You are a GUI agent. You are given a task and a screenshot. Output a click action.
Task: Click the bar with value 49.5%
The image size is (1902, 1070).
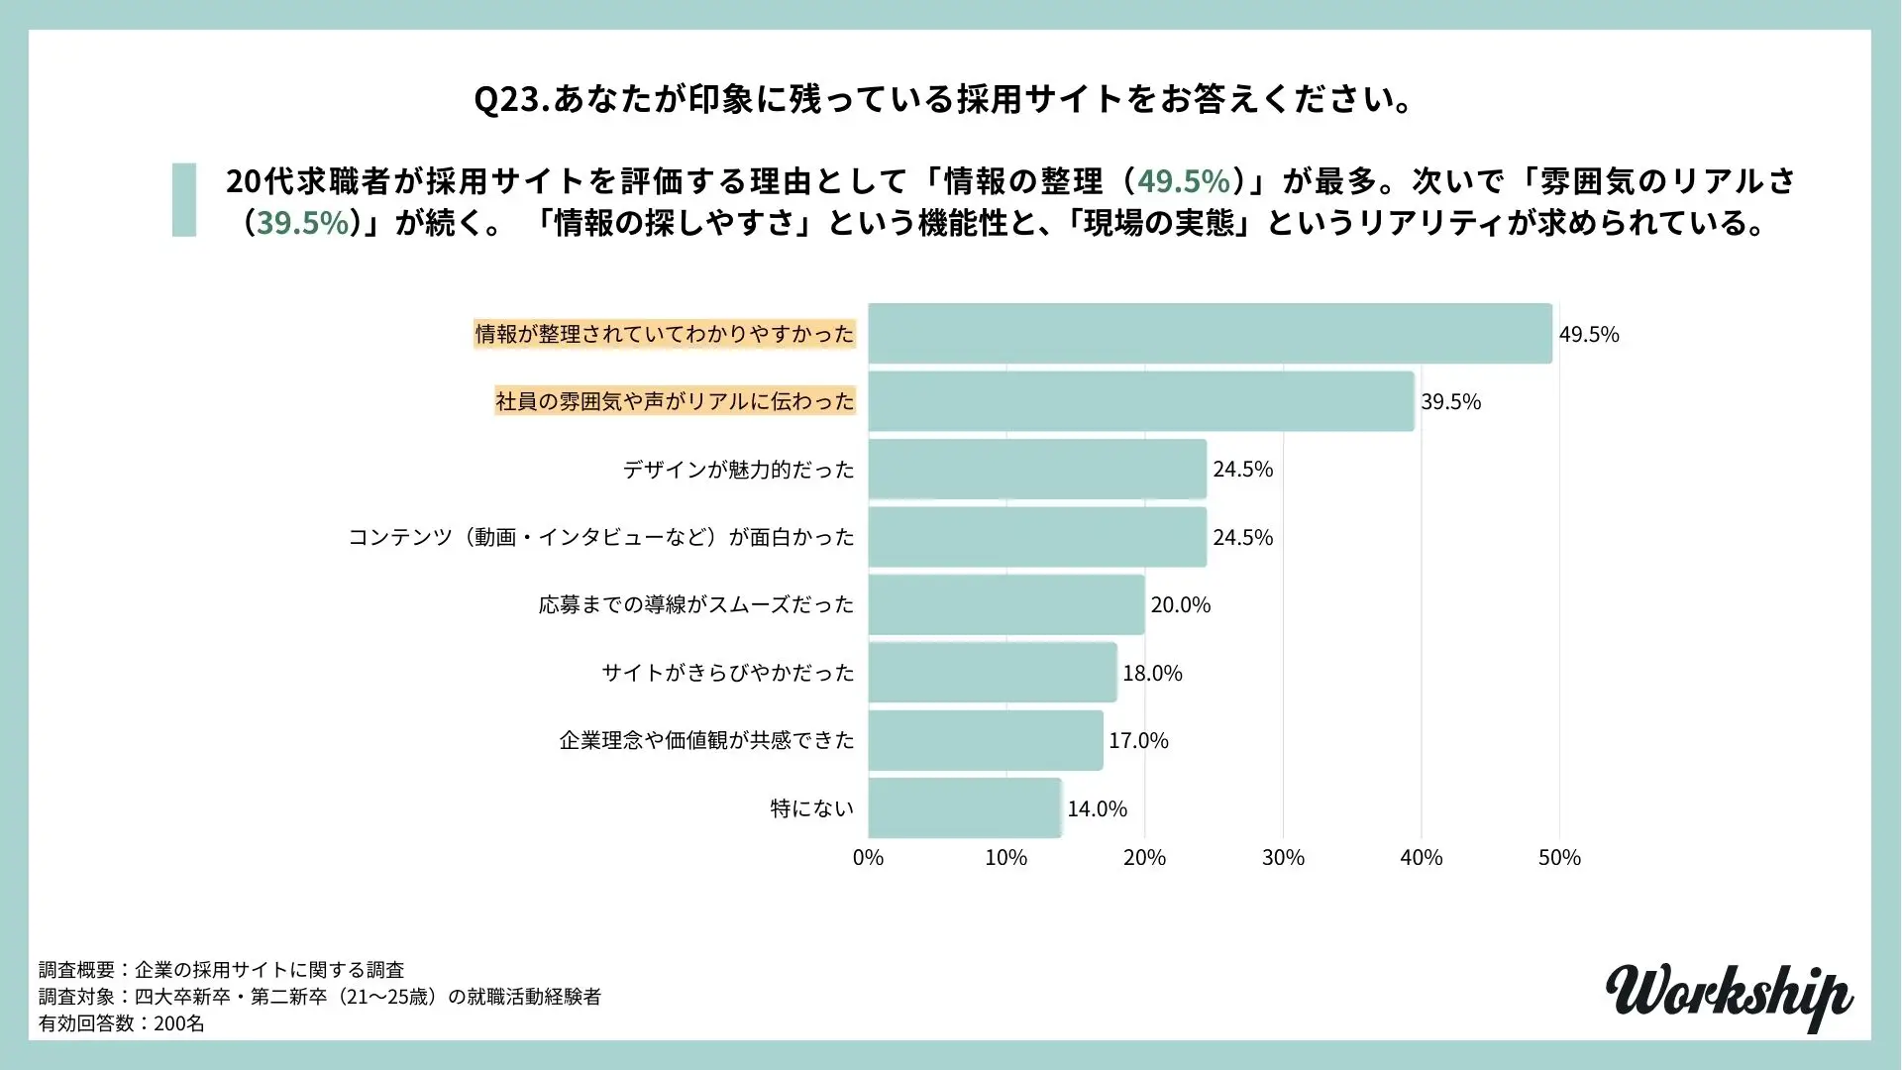pos(1210,334)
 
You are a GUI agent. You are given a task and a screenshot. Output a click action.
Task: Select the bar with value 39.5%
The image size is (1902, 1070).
pos(1141,401)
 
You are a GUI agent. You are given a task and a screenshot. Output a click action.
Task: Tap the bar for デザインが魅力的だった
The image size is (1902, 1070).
pos(1037,470)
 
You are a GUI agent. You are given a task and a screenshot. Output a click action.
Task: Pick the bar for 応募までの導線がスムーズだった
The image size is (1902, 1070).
pos(1006,604)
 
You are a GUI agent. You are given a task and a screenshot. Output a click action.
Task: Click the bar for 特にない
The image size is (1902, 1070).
pos(965,808)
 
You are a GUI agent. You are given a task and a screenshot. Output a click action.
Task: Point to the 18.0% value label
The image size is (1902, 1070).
pos(1152,674)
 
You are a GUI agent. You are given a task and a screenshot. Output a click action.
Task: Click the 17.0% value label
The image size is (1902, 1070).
pos(1138,741)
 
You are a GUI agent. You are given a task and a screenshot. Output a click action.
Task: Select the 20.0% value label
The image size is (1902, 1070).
pos(1180,605)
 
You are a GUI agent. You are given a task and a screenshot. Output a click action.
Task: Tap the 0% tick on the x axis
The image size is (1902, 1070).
pos(868,858)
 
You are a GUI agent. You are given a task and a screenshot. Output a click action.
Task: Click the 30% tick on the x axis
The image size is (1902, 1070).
pos(1283,858)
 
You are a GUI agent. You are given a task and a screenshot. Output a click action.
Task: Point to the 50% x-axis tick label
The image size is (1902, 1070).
pos(1559,858)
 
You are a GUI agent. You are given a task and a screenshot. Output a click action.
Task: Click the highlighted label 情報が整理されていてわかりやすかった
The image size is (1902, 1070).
pos(664,334)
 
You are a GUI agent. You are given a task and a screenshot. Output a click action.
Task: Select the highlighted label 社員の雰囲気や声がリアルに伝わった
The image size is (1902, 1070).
pos(675,401)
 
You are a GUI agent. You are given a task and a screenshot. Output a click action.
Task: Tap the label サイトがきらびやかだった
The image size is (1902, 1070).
pos(727,673)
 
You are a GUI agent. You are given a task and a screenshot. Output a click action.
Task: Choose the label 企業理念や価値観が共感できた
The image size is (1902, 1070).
pos(706,740)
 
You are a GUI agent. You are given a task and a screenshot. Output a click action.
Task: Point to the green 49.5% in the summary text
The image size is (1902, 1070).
pos(1183,181)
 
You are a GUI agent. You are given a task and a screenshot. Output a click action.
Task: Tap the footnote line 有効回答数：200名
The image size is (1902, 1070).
pos(122,1023)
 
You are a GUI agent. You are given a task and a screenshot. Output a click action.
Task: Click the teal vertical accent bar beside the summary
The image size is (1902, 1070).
pos(184,200)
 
